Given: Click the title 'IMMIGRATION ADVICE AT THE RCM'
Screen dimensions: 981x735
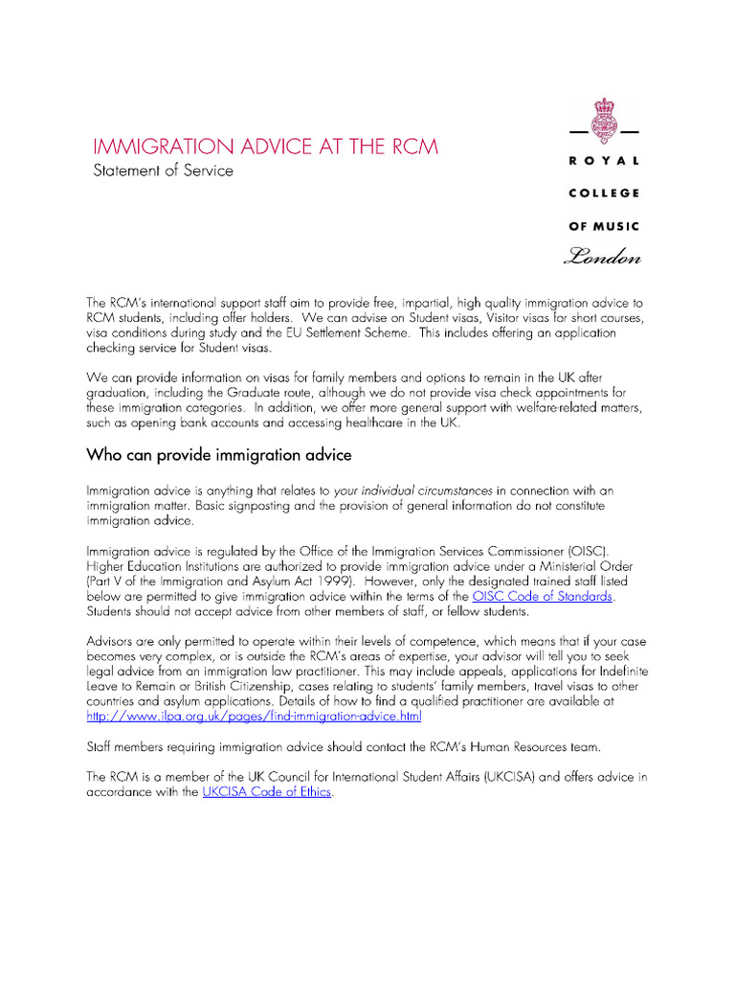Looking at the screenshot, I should (265, 147).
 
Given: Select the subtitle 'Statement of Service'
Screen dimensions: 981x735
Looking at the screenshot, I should (162, 171).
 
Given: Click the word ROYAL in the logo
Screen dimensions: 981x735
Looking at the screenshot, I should (604, 162).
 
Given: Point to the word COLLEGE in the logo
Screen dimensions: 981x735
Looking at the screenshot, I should (604, 194).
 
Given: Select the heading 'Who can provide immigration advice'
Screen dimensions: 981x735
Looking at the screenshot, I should (219, 453).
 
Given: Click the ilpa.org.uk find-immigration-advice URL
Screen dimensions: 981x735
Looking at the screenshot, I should (254, 716).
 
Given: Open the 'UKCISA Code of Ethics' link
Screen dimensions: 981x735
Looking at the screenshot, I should (266, 792).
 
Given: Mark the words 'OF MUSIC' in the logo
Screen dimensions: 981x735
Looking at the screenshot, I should (604, 226).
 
